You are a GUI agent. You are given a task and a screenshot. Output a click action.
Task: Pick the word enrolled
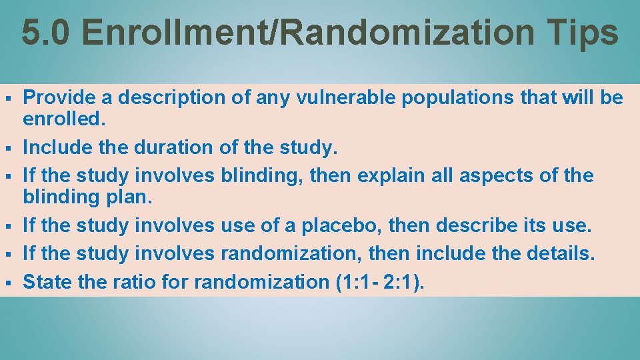pyautogui.click(x=63, y=119)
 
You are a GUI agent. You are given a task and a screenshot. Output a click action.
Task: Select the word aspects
pyautogui.click(x=509, y=175)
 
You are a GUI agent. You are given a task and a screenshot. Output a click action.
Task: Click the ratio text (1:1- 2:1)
pyautogui.click(x=377, y=282)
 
